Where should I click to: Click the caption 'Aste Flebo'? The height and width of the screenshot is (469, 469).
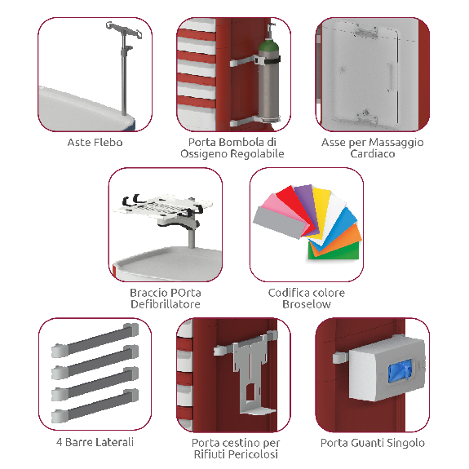click(x=95, y=143)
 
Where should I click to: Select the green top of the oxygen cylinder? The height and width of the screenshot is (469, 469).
click(x=268, y=46)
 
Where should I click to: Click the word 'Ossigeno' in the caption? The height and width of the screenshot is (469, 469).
click(x=204, y=154)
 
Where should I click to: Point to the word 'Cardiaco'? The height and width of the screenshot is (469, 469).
click(x=373, y=153)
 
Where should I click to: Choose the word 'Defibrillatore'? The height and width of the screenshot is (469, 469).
click(x=166, y=304)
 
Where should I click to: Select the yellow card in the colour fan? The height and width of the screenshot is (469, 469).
click(x=320, y=206)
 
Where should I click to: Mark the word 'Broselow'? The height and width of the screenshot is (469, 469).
click(x=307, y=304)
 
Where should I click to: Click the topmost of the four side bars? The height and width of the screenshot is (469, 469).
click(x=95, y=340)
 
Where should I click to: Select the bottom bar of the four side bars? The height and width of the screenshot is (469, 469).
click(x=95, y=406)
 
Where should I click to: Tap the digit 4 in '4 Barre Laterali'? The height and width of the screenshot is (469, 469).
click(x=60, y=442)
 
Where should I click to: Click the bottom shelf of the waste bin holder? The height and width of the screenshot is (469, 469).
click(x=258, y=410)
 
